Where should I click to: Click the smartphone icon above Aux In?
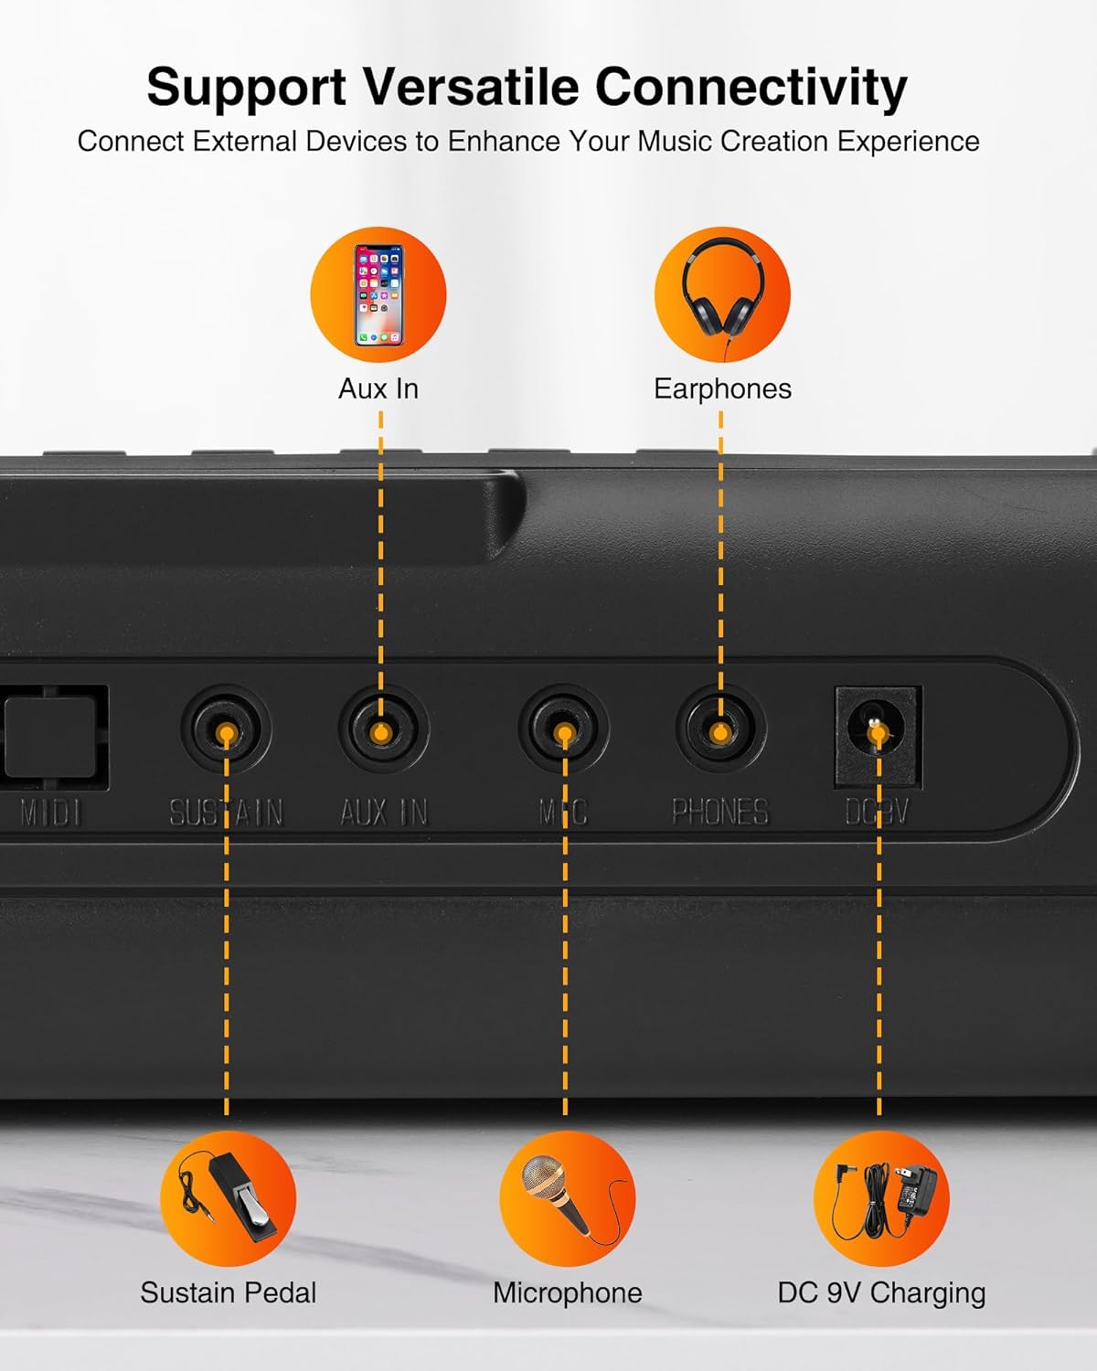378,294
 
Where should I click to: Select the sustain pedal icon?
229,1197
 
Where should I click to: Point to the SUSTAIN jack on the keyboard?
227,730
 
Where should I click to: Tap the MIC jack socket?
563,729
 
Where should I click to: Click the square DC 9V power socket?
878,737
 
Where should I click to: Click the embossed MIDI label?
51,813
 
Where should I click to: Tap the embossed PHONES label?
721,813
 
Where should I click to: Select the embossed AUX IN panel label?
384,813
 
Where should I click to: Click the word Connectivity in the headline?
751,87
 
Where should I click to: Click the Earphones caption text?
723,388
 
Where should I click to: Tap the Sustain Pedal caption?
229,1292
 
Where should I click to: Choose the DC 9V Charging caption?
881,1293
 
